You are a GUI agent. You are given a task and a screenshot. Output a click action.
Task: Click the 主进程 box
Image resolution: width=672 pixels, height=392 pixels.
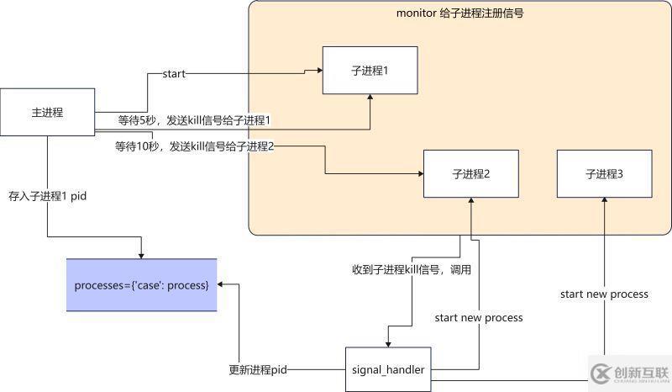click(47, 113)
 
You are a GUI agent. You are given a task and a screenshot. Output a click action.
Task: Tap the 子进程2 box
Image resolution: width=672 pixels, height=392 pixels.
click(470, 174)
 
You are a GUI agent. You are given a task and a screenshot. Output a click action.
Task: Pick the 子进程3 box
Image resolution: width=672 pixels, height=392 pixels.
click(604, 174)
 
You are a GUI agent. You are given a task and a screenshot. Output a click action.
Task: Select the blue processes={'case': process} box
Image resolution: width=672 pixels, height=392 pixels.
click(141, 285)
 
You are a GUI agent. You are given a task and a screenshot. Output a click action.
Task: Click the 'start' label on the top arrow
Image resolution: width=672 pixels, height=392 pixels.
click(175, 74)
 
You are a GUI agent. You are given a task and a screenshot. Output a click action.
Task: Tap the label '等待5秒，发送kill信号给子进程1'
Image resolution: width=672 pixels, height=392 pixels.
click(198, 122)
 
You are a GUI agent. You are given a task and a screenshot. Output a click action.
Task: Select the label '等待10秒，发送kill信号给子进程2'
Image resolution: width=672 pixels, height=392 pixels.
click(195, 146)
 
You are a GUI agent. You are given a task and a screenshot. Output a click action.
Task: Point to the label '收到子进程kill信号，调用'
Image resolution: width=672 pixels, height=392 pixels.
click(411, 270)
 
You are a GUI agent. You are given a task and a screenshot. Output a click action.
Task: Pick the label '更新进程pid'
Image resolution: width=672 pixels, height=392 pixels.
click(259, 369)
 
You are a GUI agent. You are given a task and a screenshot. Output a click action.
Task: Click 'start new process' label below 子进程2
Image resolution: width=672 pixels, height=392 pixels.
click(478, 317)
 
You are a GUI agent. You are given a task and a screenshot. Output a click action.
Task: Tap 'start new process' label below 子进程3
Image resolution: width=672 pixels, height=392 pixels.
click(604, 294)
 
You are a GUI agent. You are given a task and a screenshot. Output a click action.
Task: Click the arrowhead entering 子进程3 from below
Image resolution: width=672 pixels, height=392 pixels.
click(604, 203)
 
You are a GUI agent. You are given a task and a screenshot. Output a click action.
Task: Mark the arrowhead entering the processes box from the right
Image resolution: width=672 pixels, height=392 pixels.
click(222, 285)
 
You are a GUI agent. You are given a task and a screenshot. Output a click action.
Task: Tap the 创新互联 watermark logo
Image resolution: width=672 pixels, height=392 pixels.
click(627, 373)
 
